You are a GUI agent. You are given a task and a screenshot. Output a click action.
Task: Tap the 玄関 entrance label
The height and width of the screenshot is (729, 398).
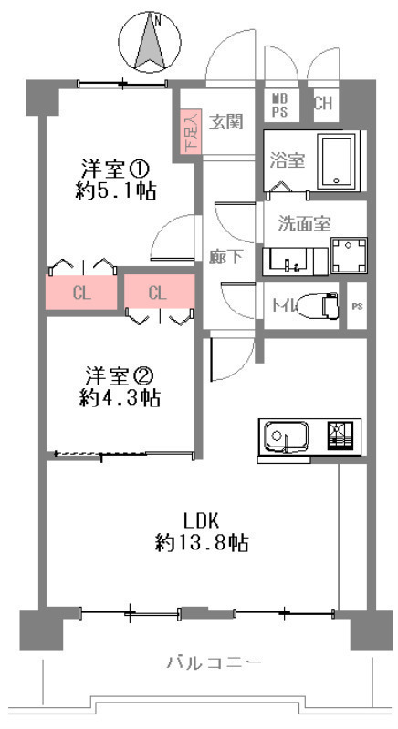pos(225,122)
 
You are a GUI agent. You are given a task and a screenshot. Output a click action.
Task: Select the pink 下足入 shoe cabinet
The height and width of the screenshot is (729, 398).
pos(191,131)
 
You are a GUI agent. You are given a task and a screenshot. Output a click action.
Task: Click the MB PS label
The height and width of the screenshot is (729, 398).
pos(279,105)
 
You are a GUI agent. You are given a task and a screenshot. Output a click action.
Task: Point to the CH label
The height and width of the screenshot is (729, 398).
pos(323,103)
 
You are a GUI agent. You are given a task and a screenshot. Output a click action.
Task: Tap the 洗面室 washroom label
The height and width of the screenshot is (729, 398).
pos(305,223)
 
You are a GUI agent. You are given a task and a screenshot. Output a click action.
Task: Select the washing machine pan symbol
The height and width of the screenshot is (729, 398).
pos(349,256)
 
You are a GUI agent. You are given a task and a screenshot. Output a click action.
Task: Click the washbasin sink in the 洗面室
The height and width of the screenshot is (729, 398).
pos(288,262)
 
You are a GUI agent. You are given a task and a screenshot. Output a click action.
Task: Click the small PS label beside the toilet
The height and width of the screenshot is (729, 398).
pos(357,306)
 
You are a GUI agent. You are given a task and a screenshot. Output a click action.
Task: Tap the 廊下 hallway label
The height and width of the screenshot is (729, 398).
pos(225,256)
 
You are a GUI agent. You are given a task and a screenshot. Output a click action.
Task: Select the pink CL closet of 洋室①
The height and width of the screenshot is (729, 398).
pos(81,293)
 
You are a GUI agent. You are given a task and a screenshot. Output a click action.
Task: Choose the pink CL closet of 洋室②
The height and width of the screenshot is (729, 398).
pos(159,291)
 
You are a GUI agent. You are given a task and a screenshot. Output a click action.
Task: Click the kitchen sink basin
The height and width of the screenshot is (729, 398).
pos(287,436)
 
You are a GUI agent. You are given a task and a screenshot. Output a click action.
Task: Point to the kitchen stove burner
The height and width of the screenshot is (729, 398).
pos(340,436)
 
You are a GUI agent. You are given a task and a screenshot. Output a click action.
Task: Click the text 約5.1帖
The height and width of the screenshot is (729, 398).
pos(115,190)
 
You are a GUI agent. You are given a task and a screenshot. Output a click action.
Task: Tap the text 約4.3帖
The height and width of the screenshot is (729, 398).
pos(120,398)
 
